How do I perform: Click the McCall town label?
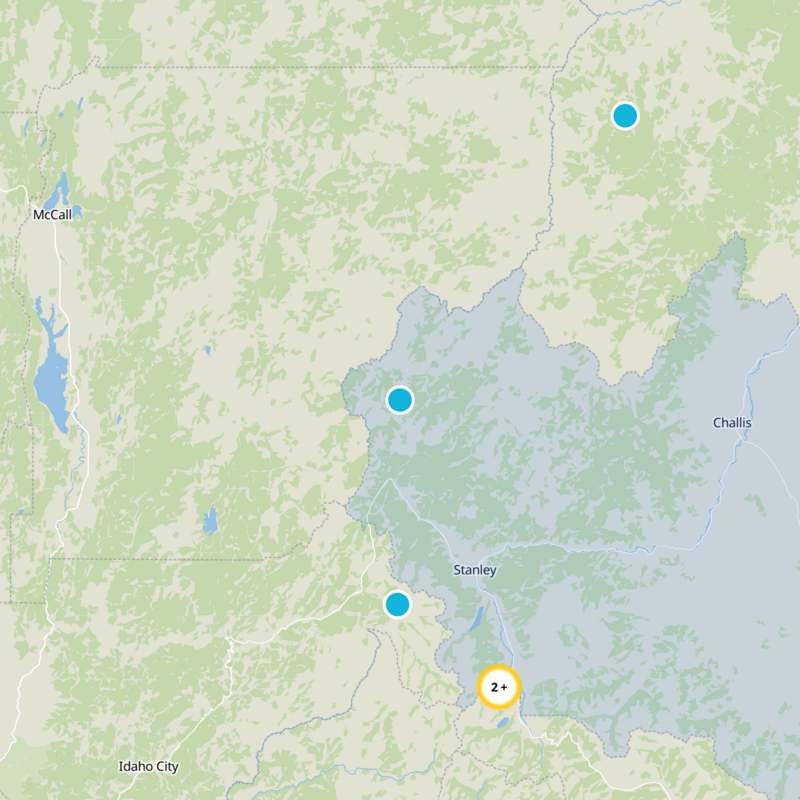52,215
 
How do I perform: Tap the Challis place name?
732,423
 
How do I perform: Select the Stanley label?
474,570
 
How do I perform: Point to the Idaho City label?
148,766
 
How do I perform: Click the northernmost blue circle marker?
625,116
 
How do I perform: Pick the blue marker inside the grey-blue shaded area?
400,400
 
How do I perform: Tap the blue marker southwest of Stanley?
397,604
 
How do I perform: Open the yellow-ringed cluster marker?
499,687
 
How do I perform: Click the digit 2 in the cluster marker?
494,687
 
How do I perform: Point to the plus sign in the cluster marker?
505,687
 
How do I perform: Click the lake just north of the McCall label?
58,188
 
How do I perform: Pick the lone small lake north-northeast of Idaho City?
209,521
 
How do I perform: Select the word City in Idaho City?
165,766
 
